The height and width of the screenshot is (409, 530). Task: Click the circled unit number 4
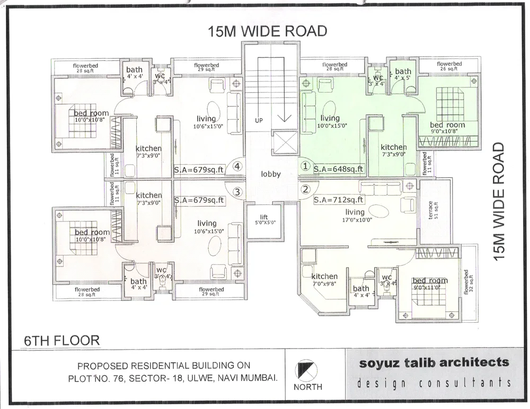point(238,166)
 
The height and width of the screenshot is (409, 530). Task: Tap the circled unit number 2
point(305,189)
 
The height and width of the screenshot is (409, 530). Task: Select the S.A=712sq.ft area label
point(339,200)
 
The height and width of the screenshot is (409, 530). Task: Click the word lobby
point(270,174)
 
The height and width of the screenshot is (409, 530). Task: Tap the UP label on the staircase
point(259,121)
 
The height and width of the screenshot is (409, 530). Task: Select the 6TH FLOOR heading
point(61,340)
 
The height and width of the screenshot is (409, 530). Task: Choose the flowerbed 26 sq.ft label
point(449,66)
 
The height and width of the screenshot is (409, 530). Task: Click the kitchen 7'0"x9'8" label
point(324,279)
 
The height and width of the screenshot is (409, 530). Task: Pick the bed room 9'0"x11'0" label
point(430,283)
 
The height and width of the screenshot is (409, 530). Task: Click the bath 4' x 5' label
point(403,74)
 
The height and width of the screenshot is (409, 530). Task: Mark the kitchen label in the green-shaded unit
point(393,150)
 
